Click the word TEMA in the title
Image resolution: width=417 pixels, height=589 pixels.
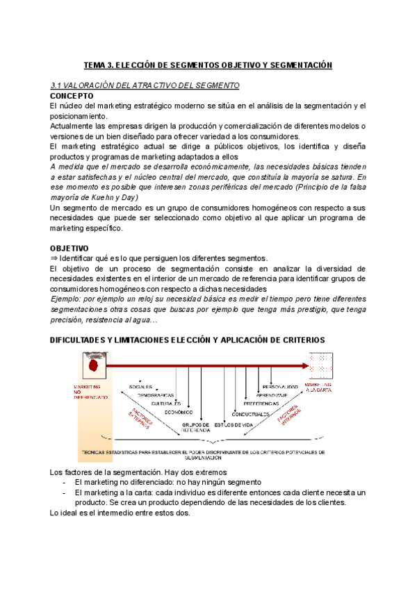(x=95, y=65)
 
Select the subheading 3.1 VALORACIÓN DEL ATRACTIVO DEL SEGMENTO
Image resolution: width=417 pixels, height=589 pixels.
(x=145, y=85)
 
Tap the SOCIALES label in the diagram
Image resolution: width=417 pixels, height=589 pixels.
(x=140, y=386)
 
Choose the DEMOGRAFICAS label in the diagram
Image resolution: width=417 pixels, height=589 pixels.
(x=155, y=395)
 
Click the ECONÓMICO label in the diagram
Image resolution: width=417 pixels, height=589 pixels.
(x=179, y=413)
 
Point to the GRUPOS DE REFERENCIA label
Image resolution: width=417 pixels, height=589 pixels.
(x=196, y=427)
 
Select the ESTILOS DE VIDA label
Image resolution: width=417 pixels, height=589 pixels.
(x=233, y=424)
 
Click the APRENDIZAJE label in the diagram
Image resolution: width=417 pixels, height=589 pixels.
(x=271, y=395)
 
